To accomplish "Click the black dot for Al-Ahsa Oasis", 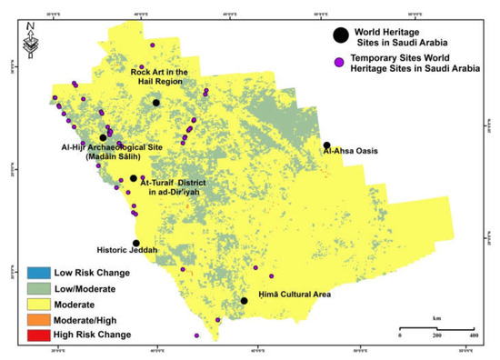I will [x=326, y=145].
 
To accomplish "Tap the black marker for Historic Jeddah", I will [x=136, y=244].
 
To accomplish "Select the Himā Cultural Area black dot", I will [x=244, y=301].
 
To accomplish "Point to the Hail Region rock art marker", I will [x=156, y=103].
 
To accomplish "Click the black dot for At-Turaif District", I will [x=134, y=179].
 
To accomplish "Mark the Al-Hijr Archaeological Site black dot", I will [x=104, y=138].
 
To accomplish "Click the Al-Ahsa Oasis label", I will [x=350, y=152].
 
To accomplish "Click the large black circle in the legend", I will [x=340, y=35].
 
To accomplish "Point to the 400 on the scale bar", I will [x=474, y=336].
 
